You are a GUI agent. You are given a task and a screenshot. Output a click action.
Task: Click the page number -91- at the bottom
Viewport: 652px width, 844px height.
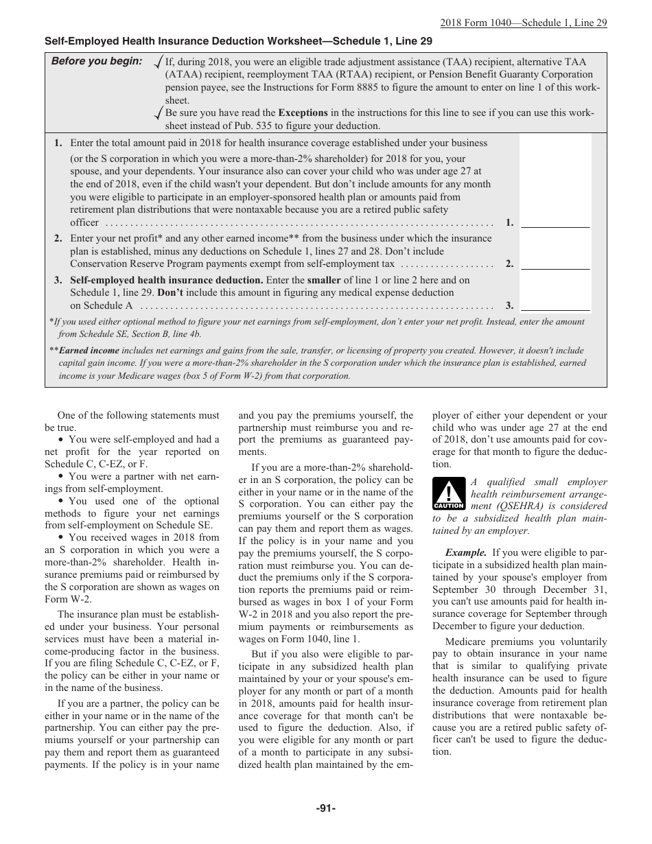(x=325, y=808)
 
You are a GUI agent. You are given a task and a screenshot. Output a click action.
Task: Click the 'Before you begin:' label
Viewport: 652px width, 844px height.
(x=97, y=61)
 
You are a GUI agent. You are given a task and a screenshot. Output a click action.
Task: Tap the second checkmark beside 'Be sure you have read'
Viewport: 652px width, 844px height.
(x=159, y=113)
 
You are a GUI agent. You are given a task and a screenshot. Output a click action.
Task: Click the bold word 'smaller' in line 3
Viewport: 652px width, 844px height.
(x=324, y=280)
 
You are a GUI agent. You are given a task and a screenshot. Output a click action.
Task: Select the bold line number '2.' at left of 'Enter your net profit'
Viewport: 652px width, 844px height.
(x=58, y=239)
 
